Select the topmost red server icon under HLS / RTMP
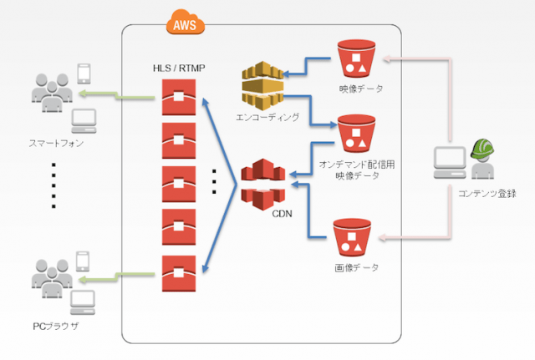[179, 95]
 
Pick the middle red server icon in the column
[179, 181]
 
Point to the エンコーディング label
[268, 117]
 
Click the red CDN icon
[263, 186]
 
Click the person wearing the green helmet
[481, 159]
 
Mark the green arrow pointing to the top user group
[135, 96]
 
